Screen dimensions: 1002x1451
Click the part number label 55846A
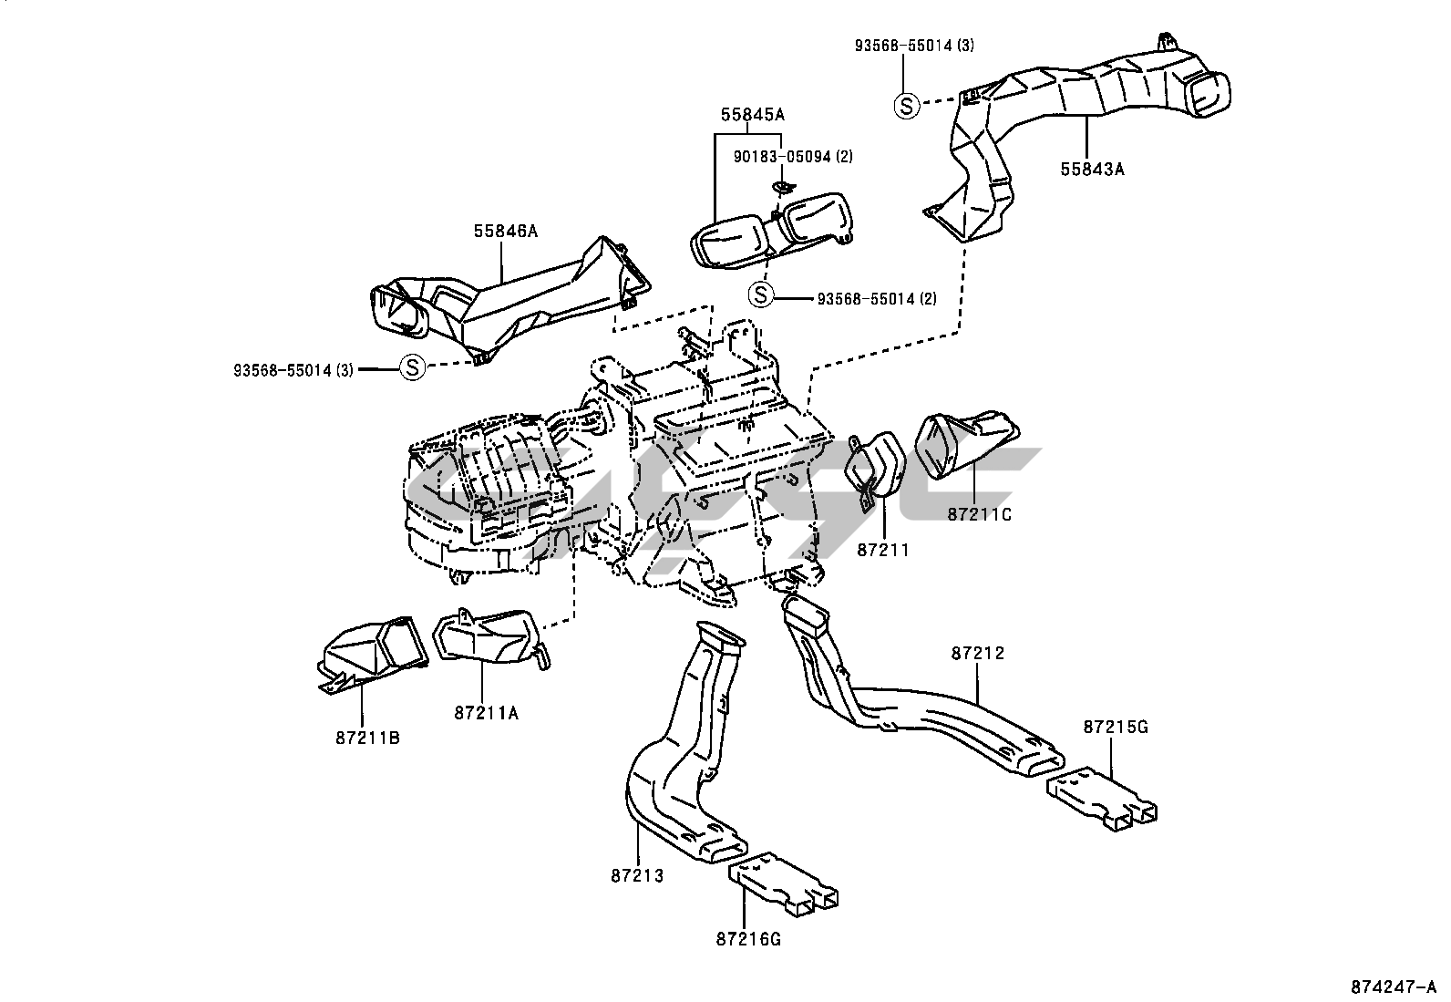click(x=505, y=232)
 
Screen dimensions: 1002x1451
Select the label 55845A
click(x=753, y=115)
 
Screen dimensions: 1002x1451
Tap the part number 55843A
click(x=1092, y=168)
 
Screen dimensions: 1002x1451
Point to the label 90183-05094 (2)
click(x=793, y=157)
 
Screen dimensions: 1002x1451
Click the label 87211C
click(x=979, y=514)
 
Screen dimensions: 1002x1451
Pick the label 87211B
click(x=366, y=738)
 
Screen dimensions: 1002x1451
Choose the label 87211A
click(x=486, y=714)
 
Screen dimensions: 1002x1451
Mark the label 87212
click(x=977, y=653)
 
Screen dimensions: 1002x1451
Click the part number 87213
click(x=637, y=876)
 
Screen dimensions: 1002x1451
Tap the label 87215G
click(x=1116, y=727)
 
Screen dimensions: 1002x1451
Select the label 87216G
click(x=749, y=939)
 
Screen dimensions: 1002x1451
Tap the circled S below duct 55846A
click(x=412, y=368)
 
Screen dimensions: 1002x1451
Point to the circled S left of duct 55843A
click(x=907, y=106)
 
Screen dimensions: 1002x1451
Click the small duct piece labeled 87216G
click(x=783, y=881)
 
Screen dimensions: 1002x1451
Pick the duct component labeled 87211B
click(x=371, y=651)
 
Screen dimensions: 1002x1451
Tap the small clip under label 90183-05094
click(x=780, y=187)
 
